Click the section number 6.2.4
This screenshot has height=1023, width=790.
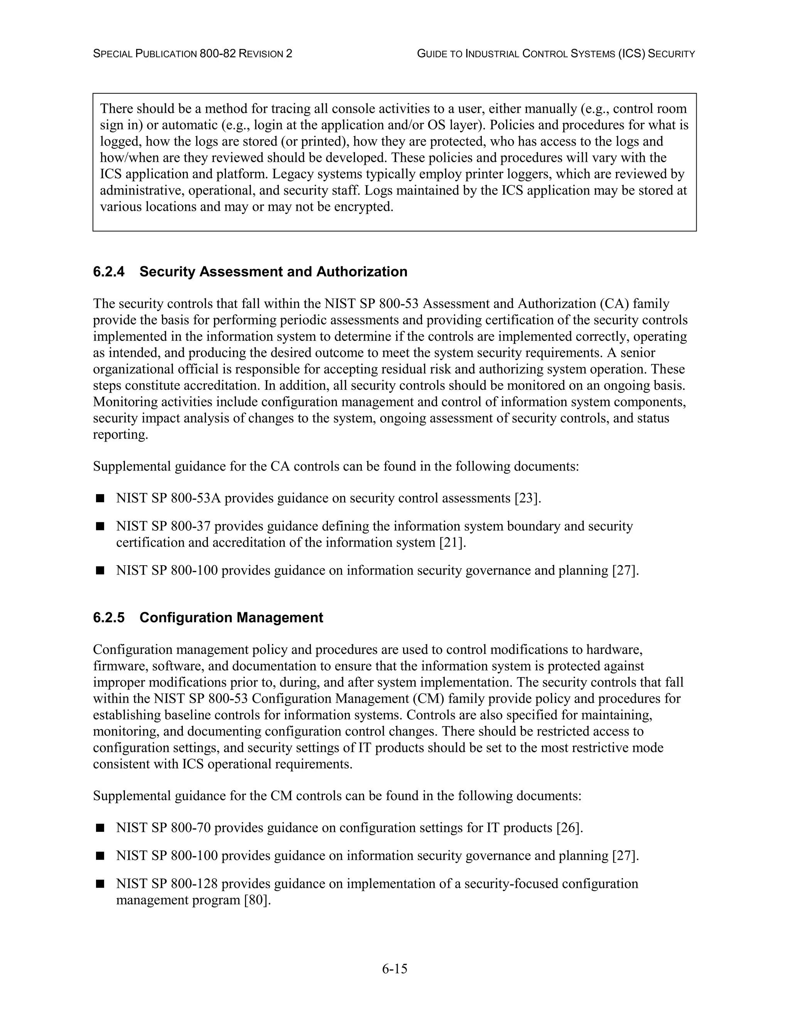point(108,272)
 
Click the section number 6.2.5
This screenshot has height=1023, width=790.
point(108,617)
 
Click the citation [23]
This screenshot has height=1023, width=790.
point(527,498)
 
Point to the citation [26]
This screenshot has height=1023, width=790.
point(569,828)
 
